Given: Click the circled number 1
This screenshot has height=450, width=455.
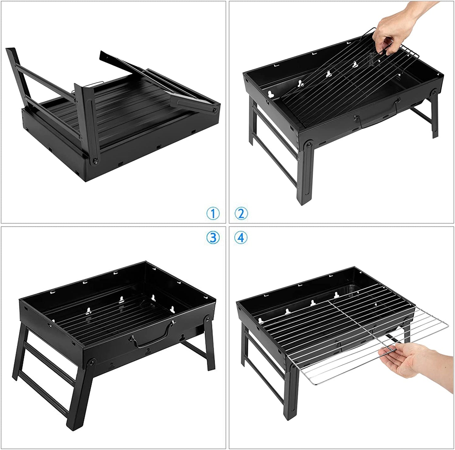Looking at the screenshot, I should (x=213, y=214).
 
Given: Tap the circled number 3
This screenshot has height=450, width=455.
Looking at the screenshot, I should (x=213, y=237).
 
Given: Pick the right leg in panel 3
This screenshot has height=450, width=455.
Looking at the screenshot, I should (x=208, y=346).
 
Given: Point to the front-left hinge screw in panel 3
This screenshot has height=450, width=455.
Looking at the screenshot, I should (x=92, y=363).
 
